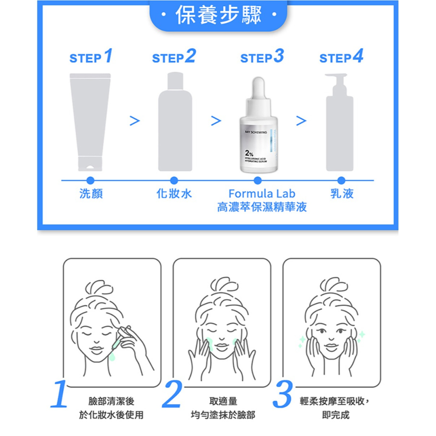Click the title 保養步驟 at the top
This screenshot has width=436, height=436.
coord(218,16)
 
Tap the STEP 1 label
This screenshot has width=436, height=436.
coord(91,57)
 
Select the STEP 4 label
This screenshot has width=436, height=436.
coord(341,57)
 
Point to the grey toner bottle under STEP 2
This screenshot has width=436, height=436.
coord(175,124)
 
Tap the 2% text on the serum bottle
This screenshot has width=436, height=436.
coord(249,153)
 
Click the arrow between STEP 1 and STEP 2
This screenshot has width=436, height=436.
coord(135,120)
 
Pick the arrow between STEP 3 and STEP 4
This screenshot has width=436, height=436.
coord(301,120)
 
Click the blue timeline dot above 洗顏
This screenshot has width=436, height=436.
coord(91,180)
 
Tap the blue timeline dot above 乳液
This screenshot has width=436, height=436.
coord(341,180)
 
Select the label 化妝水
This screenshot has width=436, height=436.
coord(174,194)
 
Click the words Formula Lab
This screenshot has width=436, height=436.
coord(262,194)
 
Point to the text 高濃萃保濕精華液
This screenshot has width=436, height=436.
coord(262,207)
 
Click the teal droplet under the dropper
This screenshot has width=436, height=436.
coord(112,357)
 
